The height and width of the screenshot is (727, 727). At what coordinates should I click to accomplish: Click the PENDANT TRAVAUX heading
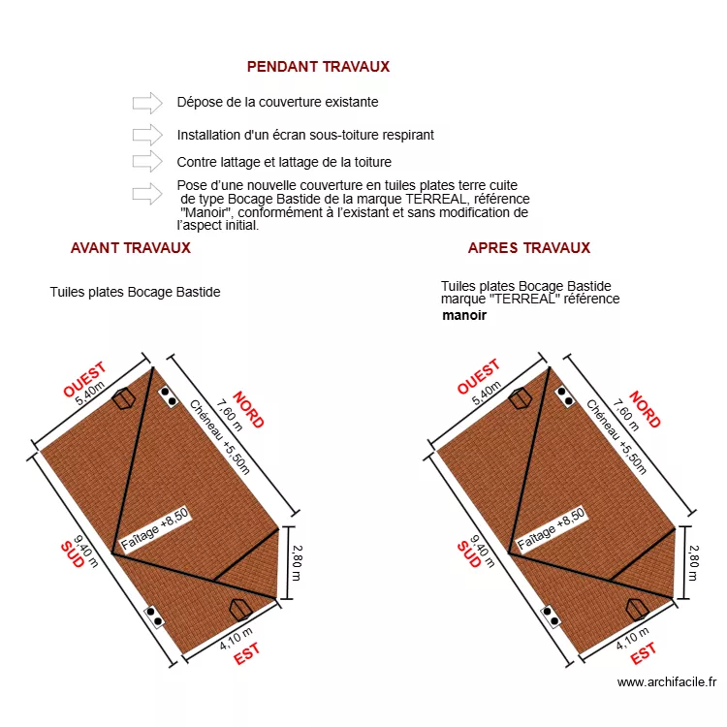318,67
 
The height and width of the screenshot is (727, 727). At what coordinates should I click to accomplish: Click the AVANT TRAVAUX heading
130,247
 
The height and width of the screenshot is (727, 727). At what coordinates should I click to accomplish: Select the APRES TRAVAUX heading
528,247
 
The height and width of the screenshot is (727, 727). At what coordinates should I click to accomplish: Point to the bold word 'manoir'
464,315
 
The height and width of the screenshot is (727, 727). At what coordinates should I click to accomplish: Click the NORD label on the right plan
645,410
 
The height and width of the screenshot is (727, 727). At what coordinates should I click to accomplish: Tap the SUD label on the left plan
72,554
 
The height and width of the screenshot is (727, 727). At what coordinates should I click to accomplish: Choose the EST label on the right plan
644,655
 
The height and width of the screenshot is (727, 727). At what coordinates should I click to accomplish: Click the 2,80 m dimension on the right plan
693,562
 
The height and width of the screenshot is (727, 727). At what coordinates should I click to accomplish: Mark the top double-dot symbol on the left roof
169,396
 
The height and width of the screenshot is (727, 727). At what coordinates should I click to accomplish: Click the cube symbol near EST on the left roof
239,608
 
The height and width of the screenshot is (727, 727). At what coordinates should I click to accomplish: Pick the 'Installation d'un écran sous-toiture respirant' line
304,135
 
